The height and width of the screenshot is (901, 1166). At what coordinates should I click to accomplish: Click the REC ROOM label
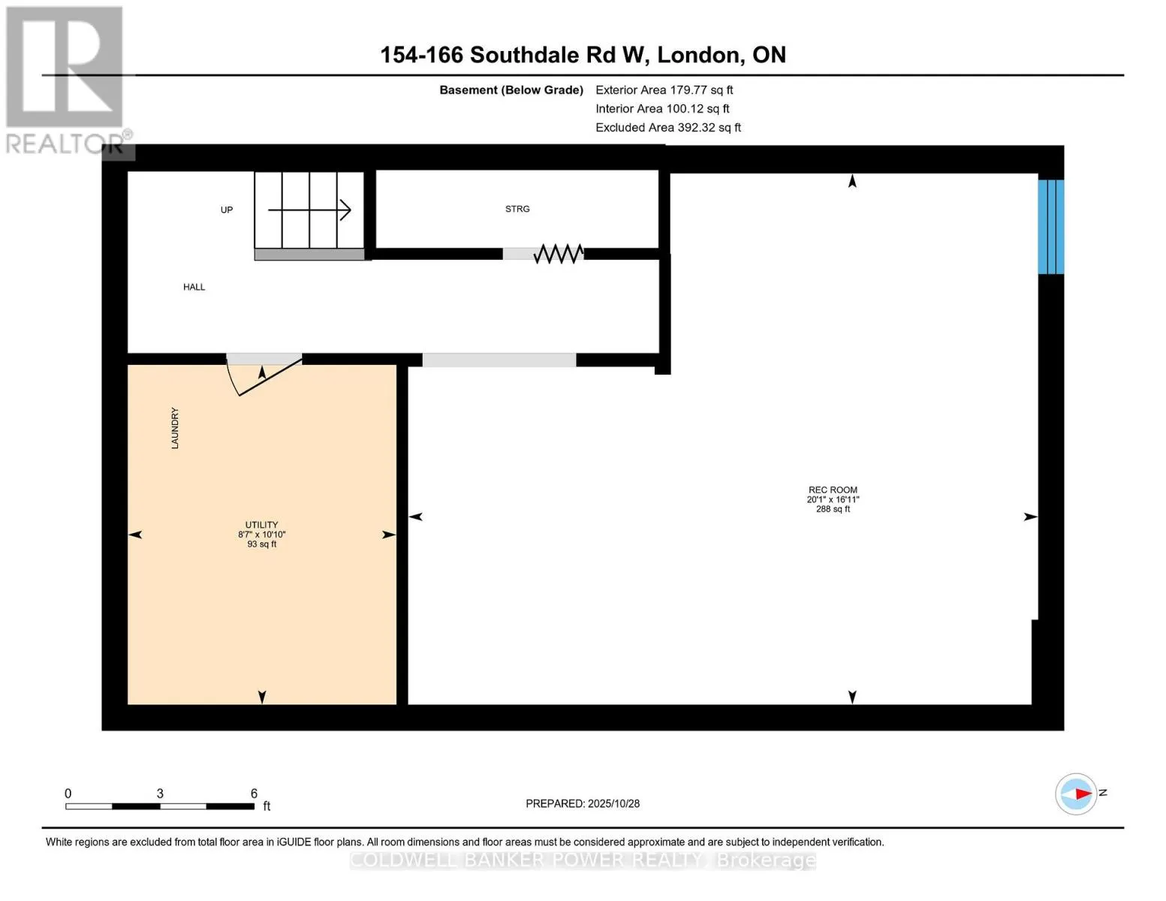point(833,490)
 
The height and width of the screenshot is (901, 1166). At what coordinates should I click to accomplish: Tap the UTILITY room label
point(261,525)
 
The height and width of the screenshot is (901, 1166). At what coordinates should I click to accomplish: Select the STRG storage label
point(517,209)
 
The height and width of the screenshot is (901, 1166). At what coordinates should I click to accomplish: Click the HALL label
point(194,287)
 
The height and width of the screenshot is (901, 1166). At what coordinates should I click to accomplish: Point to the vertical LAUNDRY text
point(175,429)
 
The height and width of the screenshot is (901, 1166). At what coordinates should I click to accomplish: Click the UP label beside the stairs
point(227,210)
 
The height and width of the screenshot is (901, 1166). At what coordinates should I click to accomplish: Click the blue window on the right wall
point(1050,227)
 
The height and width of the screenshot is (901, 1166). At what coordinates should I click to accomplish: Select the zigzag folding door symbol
point(558,254)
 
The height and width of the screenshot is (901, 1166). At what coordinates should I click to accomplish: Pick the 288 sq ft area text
point(833,509)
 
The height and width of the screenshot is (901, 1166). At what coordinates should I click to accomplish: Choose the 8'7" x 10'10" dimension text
point(261,535)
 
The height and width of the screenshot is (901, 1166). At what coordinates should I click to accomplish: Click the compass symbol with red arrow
point(1076,794)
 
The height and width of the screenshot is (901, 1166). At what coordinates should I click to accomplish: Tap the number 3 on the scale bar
point(160,794)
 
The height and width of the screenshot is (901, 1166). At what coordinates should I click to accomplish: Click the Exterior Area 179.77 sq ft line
point(664,90)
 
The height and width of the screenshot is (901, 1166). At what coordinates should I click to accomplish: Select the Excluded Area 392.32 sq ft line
point(667,128)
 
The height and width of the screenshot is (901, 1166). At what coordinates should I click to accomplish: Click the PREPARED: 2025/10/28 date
point(583,803)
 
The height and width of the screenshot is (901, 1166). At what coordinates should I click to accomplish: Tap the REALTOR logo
point(66,80)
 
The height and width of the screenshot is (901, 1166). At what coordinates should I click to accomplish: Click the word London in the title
point(699,55)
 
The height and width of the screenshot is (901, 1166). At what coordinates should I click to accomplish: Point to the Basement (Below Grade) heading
point(511,90)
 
